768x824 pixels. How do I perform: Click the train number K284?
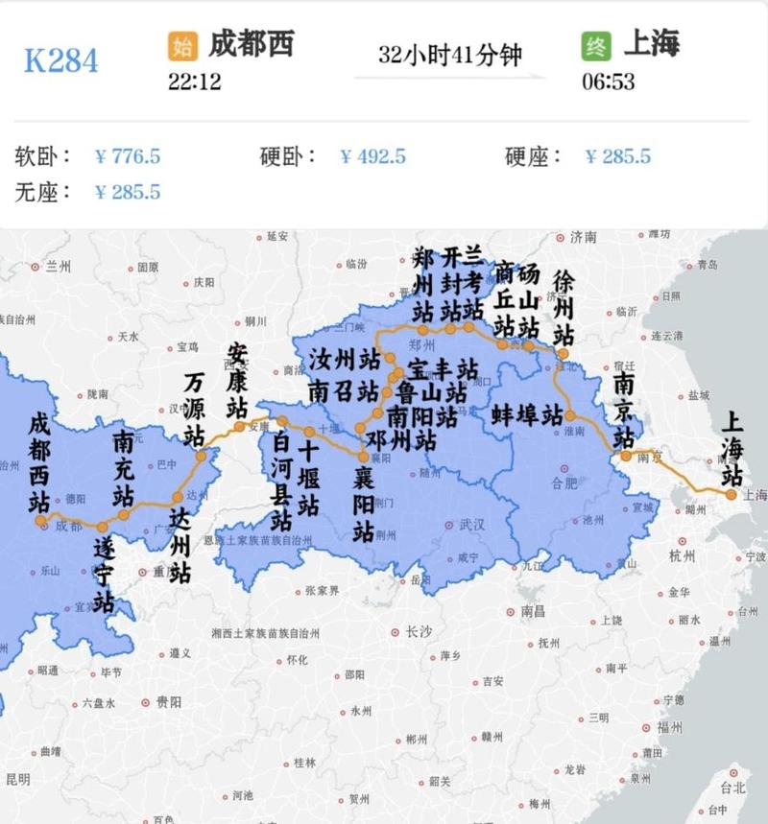(x=60, y=60)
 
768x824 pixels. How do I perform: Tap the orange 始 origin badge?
(x=181, y=45)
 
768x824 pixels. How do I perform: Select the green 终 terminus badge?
(x=596, y=45)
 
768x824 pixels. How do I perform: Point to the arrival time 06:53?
(x=608, y=82)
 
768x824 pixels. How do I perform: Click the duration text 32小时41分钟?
(x=449, y=55)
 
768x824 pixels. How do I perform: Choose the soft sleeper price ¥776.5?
(x=128, y=156)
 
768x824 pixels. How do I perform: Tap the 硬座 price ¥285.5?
(x=618, y=156)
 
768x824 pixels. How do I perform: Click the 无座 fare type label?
(x=43, y=191)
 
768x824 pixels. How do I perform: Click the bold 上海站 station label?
(x=732, y=448)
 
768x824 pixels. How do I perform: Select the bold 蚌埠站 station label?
(x=526, y=415)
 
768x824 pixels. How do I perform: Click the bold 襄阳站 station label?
(x=363, y=504)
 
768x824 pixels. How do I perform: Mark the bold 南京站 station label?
(x=623, y=411)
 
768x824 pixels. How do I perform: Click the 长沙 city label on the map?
(x=419, y=632)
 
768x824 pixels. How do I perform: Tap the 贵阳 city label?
(x=168, y=702)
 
